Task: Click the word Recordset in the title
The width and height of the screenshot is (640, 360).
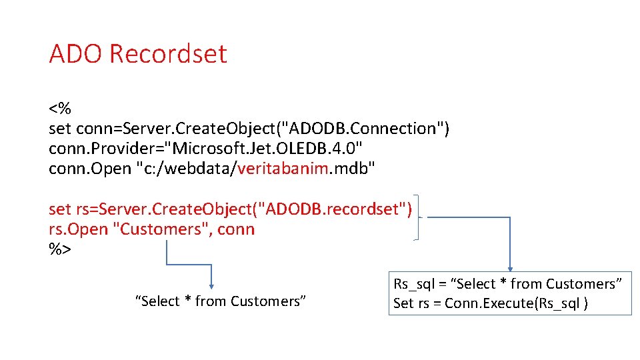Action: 168,53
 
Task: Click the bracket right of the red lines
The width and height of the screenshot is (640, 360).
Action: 417,219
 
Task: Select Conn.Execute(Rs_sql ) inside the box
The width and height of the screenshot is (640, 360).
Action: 516,303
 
